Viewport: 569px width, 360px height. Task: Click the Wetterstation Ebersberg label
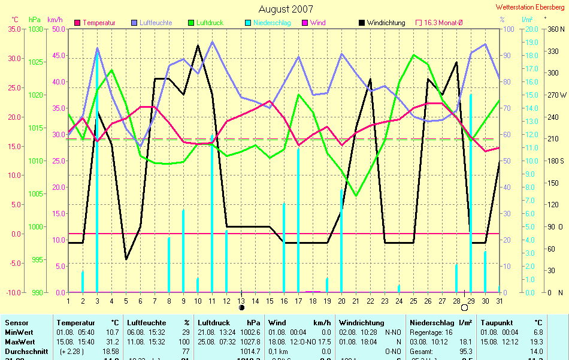pos(530,7)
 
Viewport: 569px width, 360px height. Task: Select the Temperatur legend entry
pos(99,23)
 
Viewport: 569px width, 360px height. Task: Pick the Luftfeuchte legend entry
pos(155,23)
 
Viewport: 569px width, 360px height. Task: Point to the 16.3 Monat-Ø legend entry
pos(443,23)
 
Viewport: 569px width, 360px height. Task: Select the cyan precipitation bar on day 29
pos(471,192)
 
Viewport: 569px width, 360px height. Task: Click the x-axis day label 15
pos(270,301)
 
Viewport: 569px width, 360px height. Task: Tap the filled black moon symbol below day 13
pos(241,307)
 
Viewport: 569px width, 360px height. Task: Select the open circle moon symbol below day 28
pos(464,307)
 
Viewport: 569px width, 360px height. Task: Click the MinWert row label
pos(20,332)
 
